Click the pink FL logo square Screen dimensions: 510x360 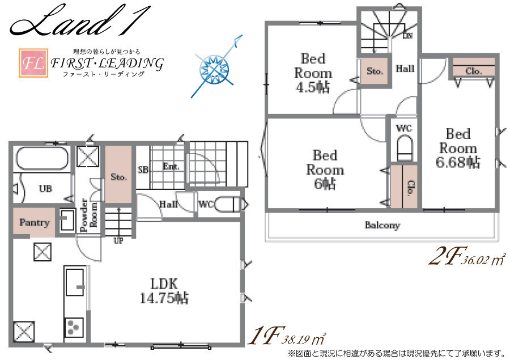pos(33,63)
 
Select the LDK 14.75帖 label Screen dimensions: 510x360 pos(164,291)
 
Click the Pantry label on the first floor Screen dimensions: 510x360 pos(35,223)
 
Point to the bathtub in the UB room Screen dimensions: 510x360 pos(42,159)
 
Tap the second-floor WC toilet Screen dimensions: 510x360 pos(405,148)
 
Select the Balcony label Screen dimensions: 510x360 pos(382,225)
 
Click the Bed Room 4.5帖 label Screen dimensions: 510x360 pos(313,73)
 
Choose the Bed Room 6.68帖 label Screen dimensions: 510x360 pos(458,148)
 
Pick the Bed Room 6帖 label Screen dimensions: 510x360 pos(325,170)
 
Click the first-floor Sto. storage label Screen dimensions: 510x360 pos(118,177)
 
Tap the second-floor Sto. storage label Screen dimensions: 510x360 pos(375,71)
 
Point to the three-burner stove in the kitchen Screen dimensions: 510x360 pos(74,327)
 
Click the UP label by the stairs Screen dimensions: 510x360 pos(118,241)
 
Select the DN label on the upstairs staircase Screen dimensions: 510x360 pos(407,36)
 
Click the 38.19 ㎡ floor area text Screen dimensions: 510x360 pos(304,339)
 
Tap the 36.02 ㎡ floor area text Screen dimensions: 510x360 pos(483,260)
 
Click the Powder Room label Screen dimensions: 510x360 pos(88,215)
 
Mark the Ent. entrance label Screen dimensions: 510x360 pos(171,167)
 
